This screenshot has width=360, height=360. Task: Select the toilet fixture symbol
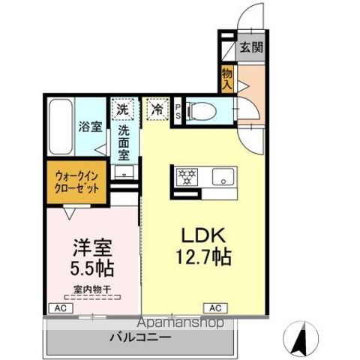pyautogui.click(x=199, y=112)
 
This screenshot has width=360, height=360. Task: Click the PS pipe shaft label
pyautogui.click(x=178, y=112)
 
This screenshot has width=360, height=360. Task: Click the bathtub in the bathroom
pyautogui.click(x=58, y=126)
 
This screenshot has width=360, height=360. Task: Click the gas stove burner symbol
pyautogui.click(x=186, y=177)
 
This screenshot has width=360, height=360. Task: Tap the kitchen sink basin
pyautogui.click(x=223, y=177)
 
